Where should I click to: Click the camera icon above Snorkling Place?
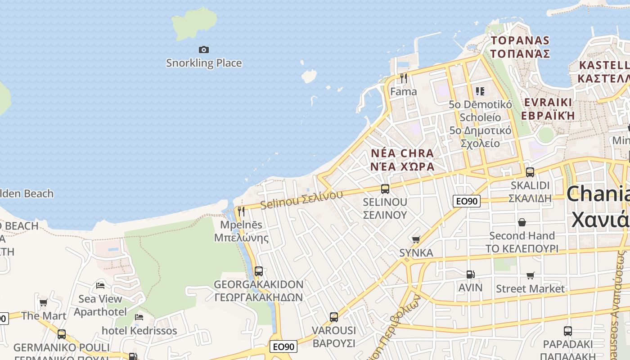(x=204, y=49)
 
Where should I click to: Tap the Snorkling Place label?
(x=204, y=63)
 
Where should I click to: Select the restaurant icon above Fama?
(x=404, y=78)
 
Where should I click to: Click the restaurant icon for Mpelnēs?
(x=241, y=211)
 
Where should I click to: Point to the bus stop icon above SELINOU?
(x=385, y=189)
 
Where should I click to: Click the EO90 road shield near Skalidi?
(x=467, y=201)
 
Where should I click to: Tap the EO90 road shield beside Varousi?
(x=283, y=346)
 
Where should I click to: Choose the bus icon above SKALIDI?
(x=530, y=172)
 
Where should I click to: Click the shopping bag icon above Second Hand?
(x=522, y=222)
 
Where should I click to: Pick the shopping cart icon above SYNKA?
(x=416, y=239)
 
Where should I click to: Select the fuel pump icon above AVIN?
(x=470, y=274)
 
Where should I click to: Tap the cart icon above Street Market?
(x=531, y=275)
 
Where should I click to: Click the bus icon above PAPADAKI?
(x=568, y=331)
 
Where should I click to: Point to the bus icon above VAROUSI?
(x=334, y=317)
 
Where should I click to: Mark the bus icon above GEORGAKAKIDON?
(x=259, y=271)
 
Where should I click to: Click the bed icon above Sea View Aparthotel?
(x=100, y=285)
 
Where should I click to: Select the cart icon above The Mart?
(x=44, y=302)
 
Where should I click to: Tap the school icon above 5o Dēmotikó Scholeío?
(x=480, y=91)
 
